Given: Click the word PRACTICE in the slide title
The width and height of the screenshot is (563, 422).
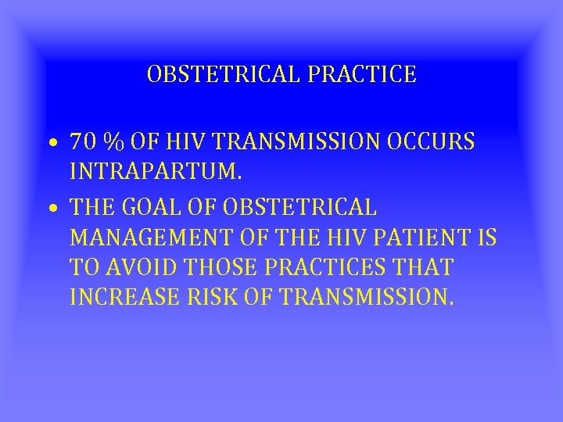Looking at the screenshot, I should pyautogui.click(x=368, y=75).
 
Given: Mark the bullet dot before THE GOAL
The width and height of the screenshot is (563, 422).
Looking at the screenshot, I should pyautogui.click(x=50, y=209).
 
